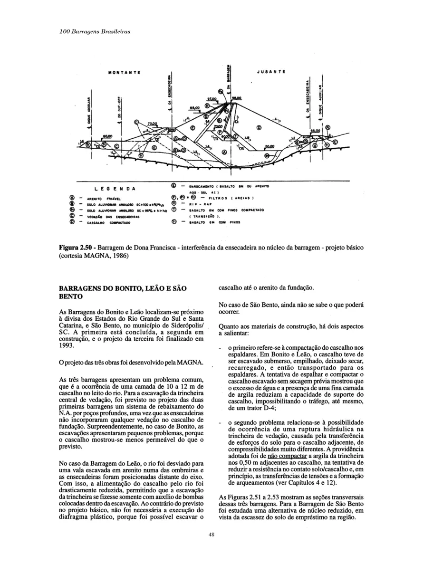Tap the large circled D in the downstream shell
pos(259,127)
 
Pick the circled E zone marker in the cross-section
pos(192,128)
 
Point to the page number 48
pos(211,535)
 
